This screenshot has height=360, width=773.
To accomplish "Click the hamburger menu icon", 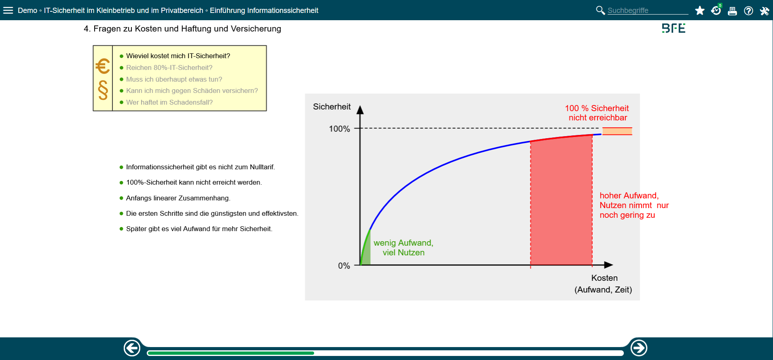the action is (x=8, y=10).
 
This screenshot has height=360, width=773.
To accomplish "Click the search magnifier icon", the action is (x=600, y=10).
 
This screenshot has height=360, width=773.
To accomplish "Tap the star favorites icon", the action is (x=700, y=11).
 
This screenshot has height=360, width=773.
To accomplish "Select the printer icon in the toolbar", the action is (x=732, y=11).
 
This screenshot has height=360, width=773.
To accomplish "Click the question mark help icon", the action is (x=748, y=11).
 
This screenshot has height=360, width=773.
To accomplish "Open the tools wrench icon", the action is (x=765, y=11).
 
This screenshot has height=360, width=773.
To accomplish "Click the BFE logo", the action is (x=674, y=28).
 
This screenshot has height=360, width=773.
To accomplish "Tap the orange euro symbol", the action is (x=103, y=66).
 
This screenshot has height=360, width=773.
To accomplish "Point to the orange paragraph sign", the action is (x=103, y=90).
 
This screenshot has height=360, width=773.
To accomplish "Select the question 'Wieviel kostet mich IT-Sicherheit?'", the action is (x=178, y=56).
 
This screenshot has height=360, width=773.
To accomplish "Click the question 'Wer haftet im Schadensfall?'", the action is (x=169, y=102).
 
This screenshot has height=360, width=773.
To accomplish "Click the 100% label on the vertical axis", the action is (x=339, y=129).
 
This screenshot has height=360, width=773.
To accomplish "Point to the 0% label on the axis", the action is (x=344, y=266).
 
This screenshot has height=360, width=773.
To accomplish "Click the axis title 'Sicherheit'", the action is (x=332, y=107).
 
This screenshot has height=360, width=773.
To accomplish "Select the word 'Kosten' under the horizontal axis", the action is (x=604, y=278).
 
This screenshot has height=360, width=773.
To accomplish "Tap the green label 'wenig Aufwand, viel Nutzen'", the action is (x=403, y=248).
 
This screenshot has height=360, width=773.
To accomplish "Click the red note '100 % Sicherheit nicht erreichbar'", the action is (x=597, y=113).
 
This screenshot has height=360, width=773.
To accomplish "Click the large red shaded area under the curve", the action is (x=561, y=202).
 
